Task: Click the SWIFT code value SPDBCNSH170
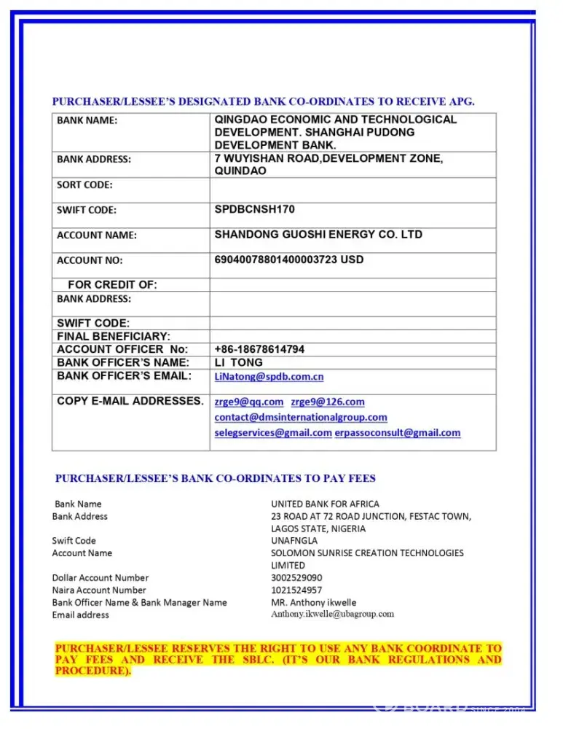click(x=254, y=209)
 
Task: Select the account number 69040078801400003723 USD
click(x=288, y=260)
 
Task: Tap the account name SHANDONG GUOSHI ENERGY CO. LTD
click(x=318, y=235)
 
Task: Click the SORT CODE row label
click(x=84, y=184)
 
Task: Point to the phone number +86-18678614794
click(x=259, y=349)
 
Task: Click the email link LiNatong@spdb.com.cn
click(x=269, y=376)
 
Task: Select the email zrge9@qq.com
click(x=248, y=402)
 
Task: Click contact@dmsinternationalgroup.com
click(x=301, y=417)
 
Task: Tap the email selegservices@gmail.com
click(x=273, y=432)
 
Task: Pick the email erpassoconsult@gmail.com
click(x=397, y=432)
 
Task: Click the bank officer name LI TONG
click(x=238, y=362)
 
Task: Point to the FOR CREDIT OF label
click(x=112, y=284)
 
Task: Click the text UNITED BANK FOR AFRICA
click(x=325, y=504)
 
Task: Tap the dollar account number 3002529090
click(x=296, y=577)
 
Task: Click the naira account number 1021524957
click(x=296, y=590)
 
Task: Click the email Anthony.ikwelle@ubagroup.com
click(x=332, y=614)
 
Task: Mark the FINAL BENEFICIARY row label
click(x=114, y=336)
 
